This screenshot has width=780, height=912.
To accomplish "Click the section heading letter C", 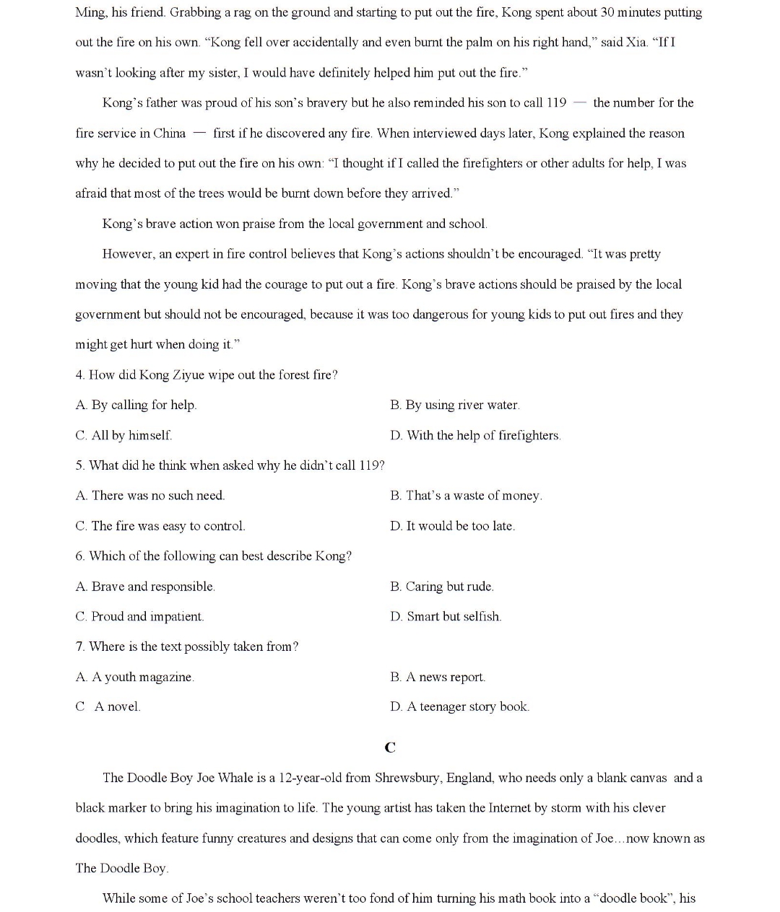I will coord(390,747).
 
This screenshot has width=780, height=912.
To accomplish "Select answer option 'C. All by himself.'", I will coord(123,435).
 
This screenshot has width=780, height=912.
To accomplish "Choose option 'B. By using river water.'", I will coord(454,405).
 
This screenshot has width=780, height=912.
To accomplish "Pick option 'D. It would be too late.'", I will coord(452,526).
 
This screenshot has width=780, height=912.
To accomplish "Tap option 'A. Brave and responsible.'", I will coord(145,587).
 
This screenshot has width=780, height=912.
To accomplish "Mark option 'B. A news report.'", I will coord(438,677).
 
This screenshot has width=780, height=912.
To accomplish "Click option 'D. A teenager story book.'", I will coord(459,706).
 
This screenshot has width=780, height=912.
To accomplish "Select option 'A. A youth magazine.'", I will coord(134,677).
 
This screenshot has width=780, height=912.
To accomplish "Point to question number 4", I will coord(79,374).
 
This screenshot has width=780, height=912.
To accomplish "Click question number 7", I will coord(79,646).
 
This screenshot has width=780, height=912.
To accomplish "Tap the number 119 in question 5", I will coord(370,465).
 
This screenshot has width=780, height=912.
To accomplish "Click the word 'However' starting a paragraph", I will coord(126,254).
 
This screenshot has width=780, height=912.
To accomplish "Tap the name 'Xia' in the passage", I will coord(636,42).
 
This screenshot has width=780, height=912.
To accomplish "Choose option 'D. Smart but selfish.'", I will coord(446,616).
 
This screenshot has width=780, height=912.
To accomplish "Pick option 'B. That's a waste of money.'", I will coord(466,496).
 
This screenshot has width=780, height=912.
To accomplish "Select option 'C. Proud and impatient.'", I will coord(139,616).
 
